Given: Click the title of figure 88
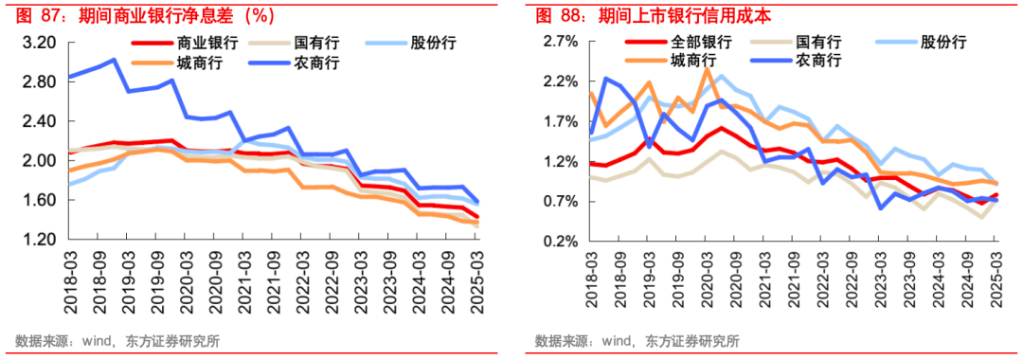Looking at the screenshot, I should [653, 15].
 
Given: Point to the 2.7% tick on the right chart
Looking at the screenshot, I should [559, 43].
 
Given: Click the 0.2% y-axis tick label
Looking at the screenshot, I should [559, 241].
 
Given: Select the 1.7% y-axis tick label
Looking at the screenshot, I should [559, 122].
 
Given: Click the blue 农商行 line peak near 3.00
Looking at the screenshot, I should [114, 60].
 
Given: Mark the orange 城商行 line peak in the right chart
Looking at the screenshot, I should [707, 69].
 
